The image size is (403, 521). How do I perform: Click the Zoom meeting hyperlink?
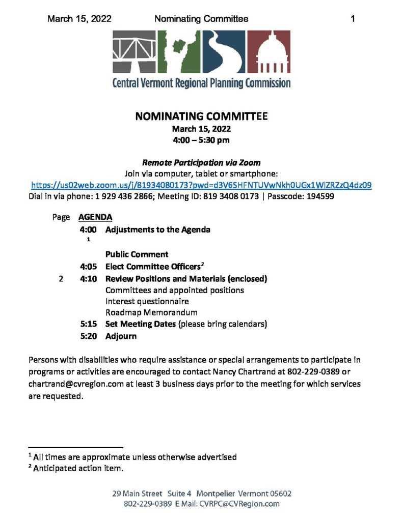coord(201,185)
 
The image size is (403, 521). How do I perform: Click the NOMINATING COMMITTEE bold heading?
coord(201,117)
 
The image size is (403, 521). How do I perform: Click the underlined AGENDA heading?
coord(95,217)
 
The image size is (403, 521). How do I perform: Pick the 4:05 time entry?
coord(89,266)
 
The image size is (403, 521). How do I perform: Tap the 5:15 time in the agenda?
coord(89,324)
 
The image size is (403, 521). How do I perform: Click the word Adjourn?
coord(121,336)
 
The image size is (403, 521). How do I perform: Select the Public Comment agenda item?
coord(137,254)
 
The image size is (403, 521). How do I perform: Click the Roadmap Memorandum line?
coord(151,312)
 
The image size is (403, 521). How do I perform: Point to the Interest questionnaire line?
coord(147,301)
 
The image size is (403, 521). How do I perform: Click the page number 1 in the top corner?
coord(353,19)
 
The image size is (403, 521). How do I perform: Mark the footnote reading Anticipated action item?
coord(78,468)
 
